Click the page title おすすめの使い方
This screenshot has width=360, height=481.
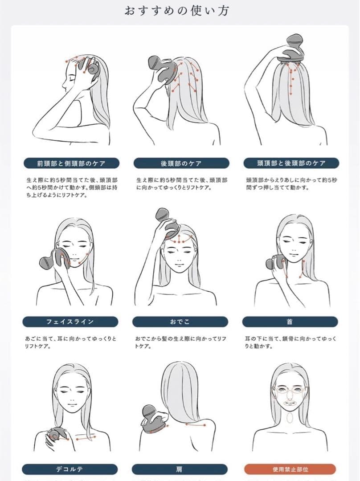pos(177,11)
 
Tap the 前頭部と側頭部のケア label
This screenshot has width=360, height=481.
pos(71,163)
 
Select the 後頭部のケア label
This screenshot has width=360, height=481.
pos(181,163)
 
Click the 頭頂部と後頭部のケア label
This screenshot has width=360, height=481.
pos(291,163)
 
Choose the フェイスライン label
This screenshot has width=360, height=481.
pos(70,322)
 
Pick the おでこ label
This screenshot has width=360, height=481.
pos(180,322)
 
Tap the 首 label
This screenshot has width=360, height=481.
pos(290,322)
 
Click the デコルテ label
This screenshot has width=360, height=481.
pos(70,469)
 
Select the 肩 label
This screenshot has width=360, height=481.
pos(180,469)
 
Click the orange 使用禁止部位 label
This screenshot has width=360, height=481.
pos(290,469)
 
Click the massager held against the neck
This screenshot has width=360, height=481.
pos(276,263)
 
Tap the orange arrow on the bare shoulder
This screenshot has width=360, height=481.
pos(196,425)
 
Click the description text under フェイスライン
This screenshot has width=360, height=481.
pos(70,342)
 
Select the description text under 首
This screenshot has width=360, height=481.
pos(290,342)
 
